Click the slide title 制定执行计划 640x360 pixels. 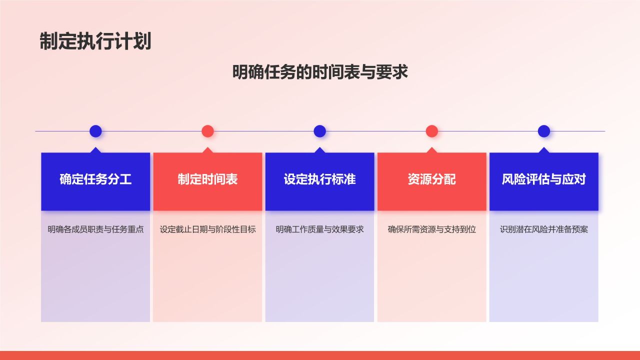pos(95,41)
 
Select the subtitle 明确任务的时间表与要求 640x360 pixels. pos(320,72)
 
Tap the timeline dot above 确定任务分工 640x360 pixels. pos(95,131)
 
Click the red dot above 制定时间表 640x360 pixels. pos(207,131)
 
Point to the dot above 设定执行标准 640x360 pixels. pos(319,131)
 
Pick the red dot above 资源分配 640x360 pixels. pos(432,131)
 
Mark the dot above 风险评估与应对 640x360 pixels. pos(544,131)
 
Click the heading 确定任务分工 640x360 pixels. pos(95,179)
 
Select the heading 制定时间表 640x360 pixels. pos(207,179)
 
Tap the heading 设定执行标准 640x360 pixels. pos(319,179)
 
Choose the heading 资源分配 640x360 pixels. pos(432,179)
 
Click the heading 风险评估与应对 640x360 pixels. pos(544,179)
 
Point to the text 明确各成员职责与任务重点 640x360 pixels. pos(95,229)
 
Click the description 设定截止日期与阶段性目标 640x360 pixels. pos(207,229)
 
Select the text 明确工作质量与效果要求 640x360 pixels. pos(319,229)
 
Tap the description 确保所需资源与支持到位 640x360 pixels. pos(432,229)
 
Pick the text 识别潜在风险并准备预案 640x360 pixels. pos(544,229)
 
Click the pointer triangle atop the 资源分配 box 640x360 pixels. pos(432,150)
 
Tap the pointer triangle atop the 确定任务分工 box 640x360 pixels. pos(95,150)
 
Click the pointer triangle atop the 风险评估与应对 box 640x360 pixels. pos(544,150)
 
